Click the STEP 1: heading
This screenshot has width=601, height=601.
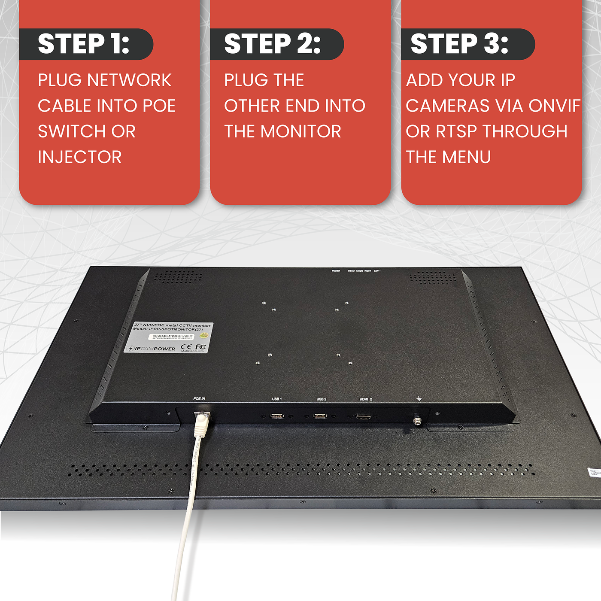[x=84, y=44]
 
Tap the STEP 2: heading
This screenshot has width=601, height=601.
[x=272, y=44]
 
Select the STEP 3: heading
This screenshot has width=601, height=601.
[x=459, y=44]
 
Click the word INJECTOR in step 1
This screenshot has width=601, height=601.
[x=80, y=157]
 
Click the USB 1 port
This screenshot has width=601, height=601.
[x=277, y=416]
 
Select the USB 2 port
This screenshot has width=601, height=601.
[x=320, y=416]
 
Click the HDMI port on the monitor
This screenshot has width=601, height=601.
[x=364, y=417]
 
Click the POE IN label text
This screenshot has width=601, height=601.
[x=199, y=399]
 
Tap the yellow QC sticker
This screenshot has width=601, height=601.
[x=204, y=335]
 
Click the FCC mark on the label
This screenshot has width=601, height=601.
[x=200, y=346]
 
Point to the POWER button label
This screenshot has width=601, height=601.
[x=336, y=271]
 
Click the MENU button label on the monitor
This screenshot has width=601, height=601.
[x=351, y=271]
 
